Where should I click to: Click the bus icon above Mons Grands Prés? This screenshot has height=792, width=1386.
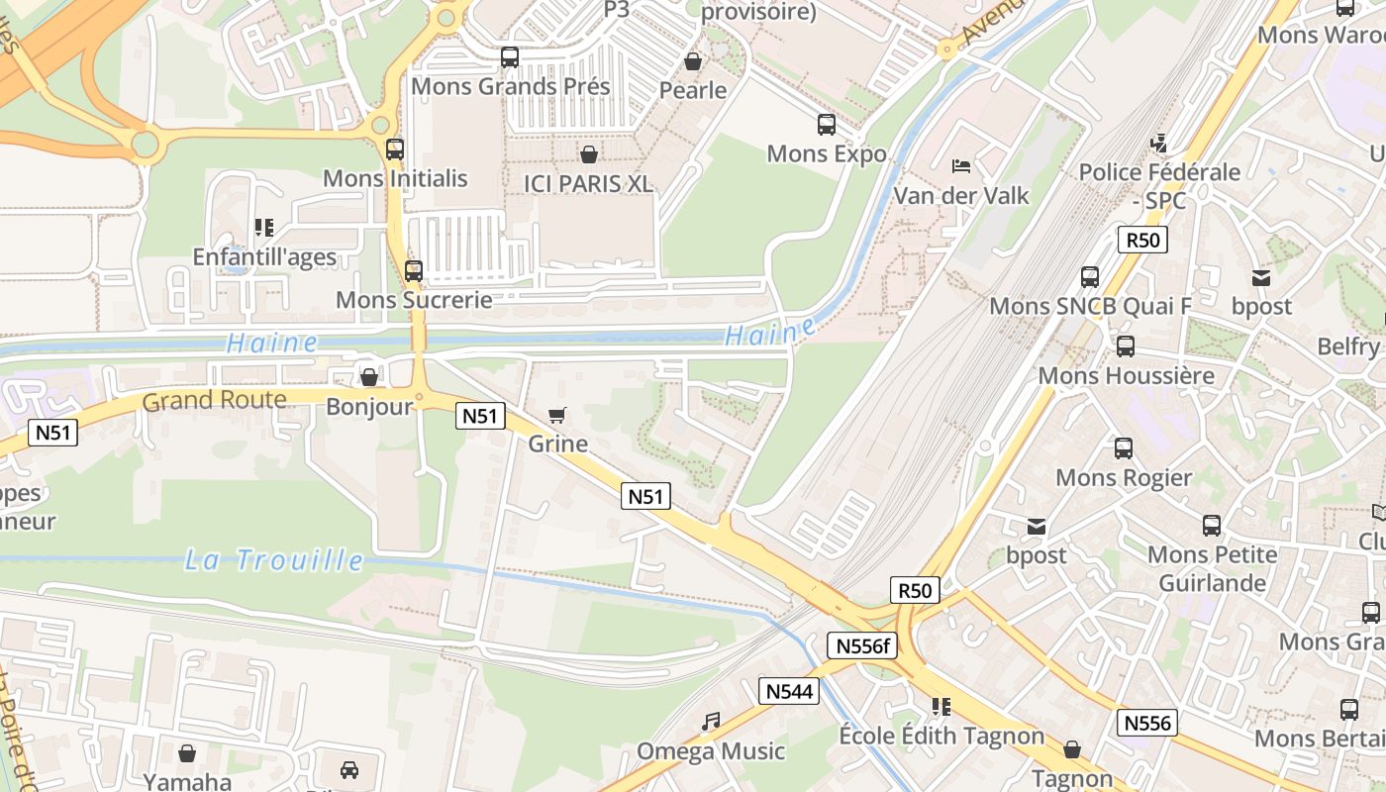tap(510, 57)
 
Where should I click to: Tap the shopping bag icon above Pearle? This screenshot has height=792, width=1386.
tap(693, 61)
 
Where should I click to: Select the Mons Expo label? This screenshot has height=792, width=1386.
tap(827, 153)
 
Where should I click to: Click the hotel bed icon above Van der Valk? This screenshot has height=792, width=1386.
tap(960, 165)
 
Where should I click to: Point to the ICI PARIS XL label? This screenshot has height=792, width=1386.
tap(588, 183)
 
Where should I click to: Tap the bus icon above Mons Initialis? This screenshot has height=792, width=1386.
tap(395, 149)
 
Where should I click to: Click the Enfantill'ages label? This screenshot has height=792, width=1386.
tap(264, 257)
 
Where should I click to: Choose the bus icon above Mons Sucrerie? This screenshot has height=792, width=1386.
tap(414, 270)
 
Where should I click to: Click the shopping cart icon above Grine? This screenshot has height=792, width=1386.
tap(557, 415)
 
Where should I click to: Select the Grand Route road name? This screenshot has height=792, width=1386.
tap(214, 401)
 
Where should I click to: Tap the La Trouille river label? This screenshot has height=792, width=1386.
tap(274, 560)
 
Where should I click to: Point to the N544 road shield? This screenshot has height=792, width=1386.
tap(789, 691)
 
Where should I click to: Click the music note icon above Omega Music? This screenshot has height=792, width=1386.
tap(711, 722)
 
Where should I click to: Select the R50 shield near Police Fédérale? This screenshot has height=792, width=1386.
tap(1142, 240)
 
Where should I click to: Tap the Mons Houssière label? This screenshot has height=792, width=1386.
tap(1126, 376)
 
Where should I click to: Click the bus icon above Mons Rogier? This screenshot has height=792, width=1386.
tap(1124, 448)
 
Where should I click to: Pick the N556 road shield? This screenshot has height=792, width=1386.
tap(1148, 723)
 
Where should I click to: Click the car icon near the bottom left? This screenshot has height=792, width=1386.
tap(348, 769)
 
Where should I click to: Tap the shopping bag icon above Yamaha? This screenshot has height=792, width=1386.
tap(187, 753)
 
